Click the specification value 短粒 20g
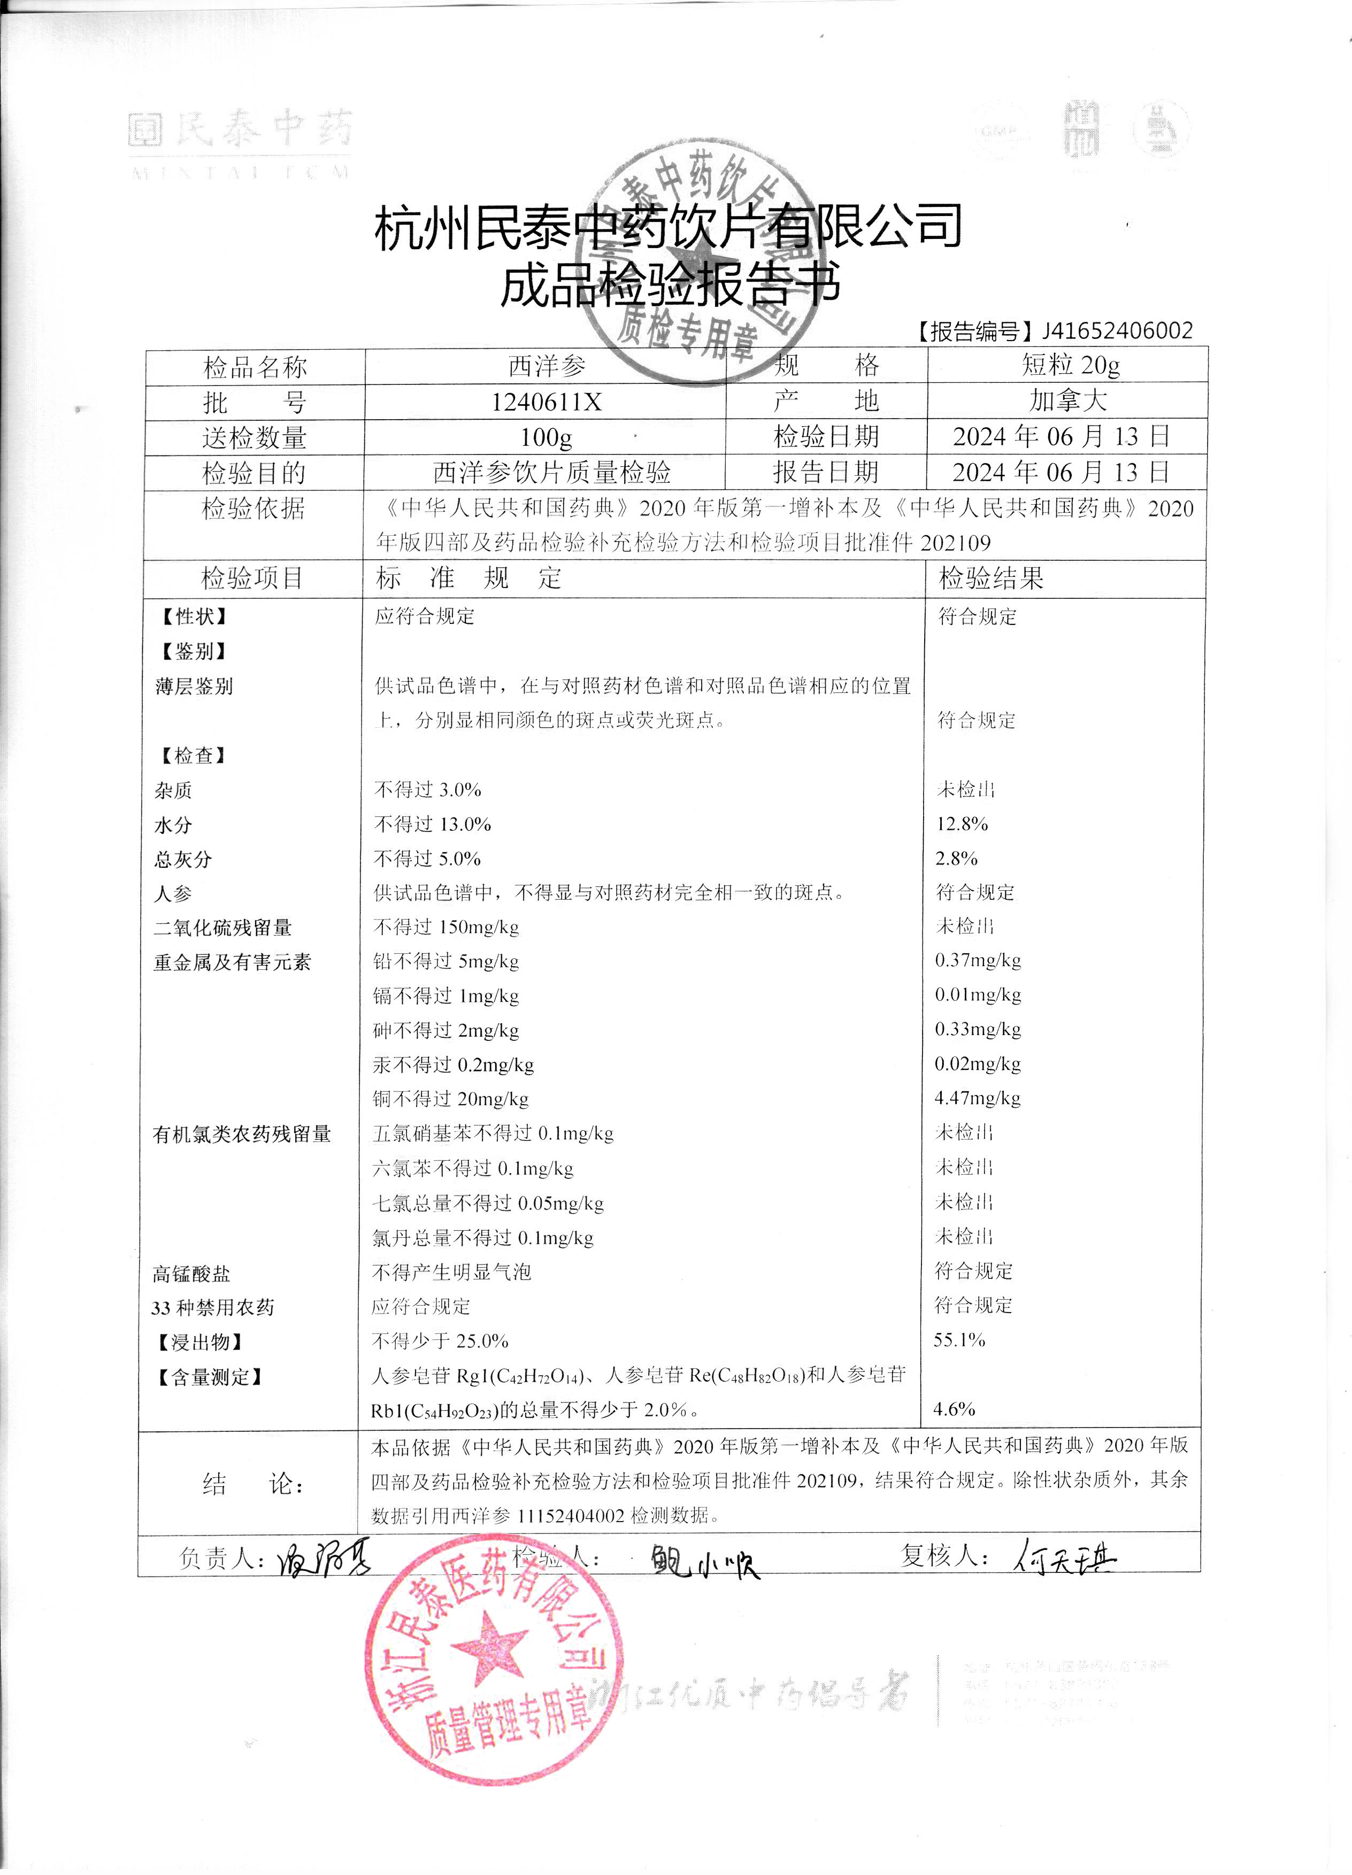(x=1070, y=365)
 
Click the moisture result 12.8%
(x=962, y=824)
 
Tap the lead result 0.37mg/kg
(x=978, y=961)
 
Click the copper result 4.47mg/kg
(x=978, y=1099)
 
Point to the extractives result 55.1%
(x=959, y=1340)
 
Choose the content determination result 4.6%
(x=954, y=1409)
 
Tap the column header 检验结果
(x=990, y=578)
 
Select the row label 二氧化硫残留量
(x=222, y=928)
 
